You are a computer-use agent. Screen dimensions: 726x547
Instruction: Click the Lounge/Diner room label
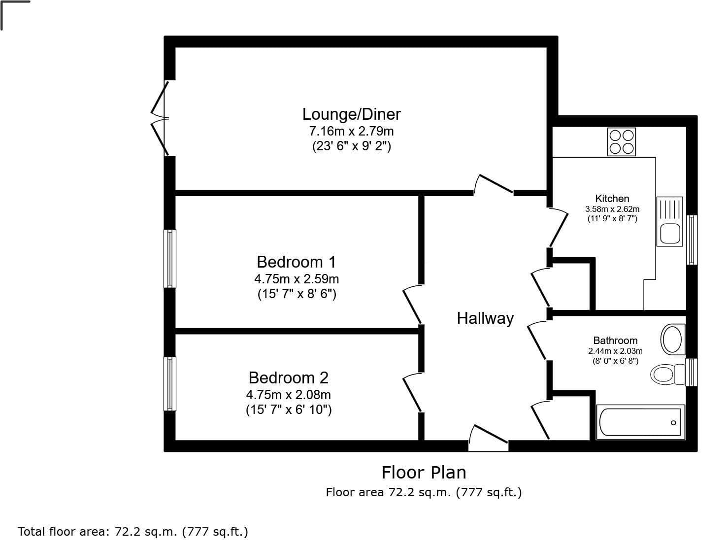point(351,114)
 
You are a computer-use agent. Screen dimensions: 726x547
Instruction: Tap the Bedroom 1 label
point(297,262)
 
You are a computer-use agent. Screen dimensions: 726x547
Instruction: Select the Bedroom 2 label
point(289,378)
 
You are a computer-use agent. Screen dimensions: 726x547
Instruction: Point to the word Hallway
point(485,318)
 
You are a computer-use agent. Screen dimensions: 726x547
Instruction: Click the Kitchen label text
point(612,199)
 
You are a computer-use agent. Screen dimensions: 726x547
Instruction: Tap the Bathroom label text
point(615,341)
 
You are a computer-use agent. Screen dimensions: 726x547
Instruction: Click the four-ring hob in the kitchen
point(622,141)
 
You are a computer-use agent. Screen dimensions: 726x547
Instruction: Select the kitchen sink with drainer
point(670,221)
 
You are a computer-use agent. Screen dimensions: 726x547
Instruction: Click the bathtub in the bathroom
point(641,422)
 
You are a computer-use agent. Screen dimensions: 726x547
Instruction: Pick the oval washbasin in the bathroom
point(673,339)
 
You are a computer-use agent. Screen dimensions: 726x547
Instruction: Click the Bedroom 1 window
point(169,259)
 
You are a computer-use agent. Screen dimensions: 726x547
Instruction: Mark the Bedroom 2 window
point(169,384)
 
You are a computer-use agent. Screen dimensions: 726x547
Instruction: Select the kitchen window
point(692,240)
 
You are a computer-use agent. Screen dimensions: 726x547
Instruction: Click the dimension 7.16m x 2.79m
point(351,132)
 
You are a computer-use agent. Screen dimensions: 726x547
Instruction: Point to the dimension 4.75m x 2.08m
point(289,395)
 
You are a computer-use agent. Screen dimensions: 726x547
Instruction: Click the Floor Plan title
point(424,473)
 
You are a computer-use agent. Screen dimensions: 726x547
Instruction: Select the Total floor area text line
point(132,532)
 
